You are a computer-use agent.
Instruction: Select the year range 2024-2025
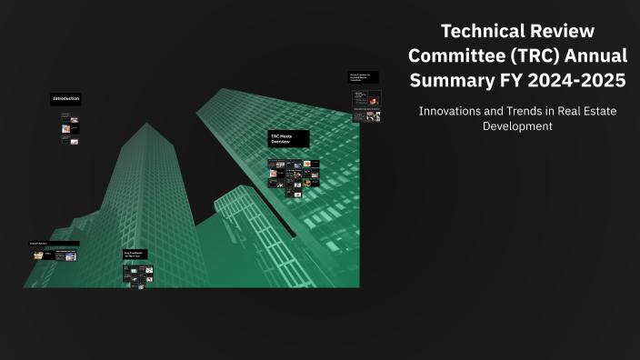pyautogui.click(x=576, y=81)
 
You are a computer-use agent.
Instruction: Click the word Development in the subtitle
pyautogui.click(x=517, y=126)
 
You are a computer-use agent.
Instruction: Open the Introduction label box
pyautogui.click(x=66, y=98)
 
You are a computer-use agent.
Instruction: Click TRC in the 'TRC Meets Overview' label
pyautogui.click(x=275, y=136)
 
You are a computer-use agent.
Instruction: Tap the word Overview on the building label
pyautogui.click(x=280, y=143)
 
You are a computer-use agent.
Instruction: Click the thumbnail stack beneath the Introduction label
pyautogui.click(x=69, y=129)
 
